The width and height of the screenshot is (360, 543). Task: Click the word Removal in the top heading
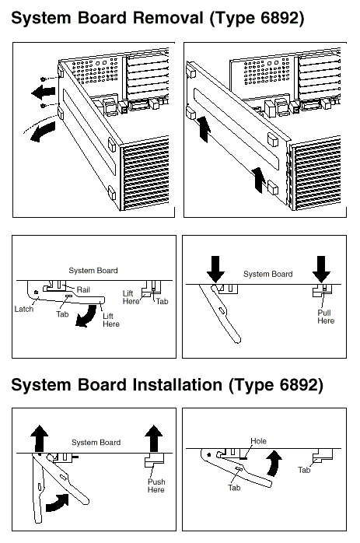tap(169, 17)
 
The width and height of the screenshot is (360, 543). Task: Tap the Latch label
tap(24, 309)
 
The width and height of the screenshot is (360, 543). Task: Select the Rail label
tap(83, 289)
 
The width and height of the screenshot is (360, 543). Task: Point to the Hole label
tap(258, 441)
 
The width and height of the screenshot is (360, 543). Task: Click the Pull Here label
tap(326, 317)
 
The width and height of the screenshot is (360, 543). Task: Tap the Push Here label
tap(156, 485)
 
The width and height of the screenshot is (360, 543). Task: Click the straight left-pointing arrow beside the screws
tap(44, 92)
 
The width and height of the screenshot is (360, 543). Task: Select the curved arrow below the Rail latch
tap(86, 316)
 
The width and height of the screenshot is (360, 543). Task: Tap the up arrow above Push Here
tap(154, 438)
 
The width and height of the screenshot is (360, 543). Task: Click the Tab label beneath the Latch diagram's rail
tap(62, 314)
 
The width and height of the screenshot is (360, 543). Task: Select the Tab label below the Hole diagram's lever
tap(234, 488)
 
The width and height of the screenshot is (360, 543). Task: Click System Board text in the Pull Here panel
tap(268, 274)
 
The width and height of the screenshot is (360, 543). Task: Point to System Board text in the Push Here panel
tap(96, 442)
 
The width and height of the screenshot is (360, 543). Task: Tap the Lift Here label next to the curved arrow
tap(111, 320)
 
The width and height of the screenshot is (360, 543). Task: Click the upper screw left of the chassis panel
tap(44, 79)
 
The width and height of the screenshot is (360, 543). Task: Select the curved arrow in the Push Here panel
tap(57, 502)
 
